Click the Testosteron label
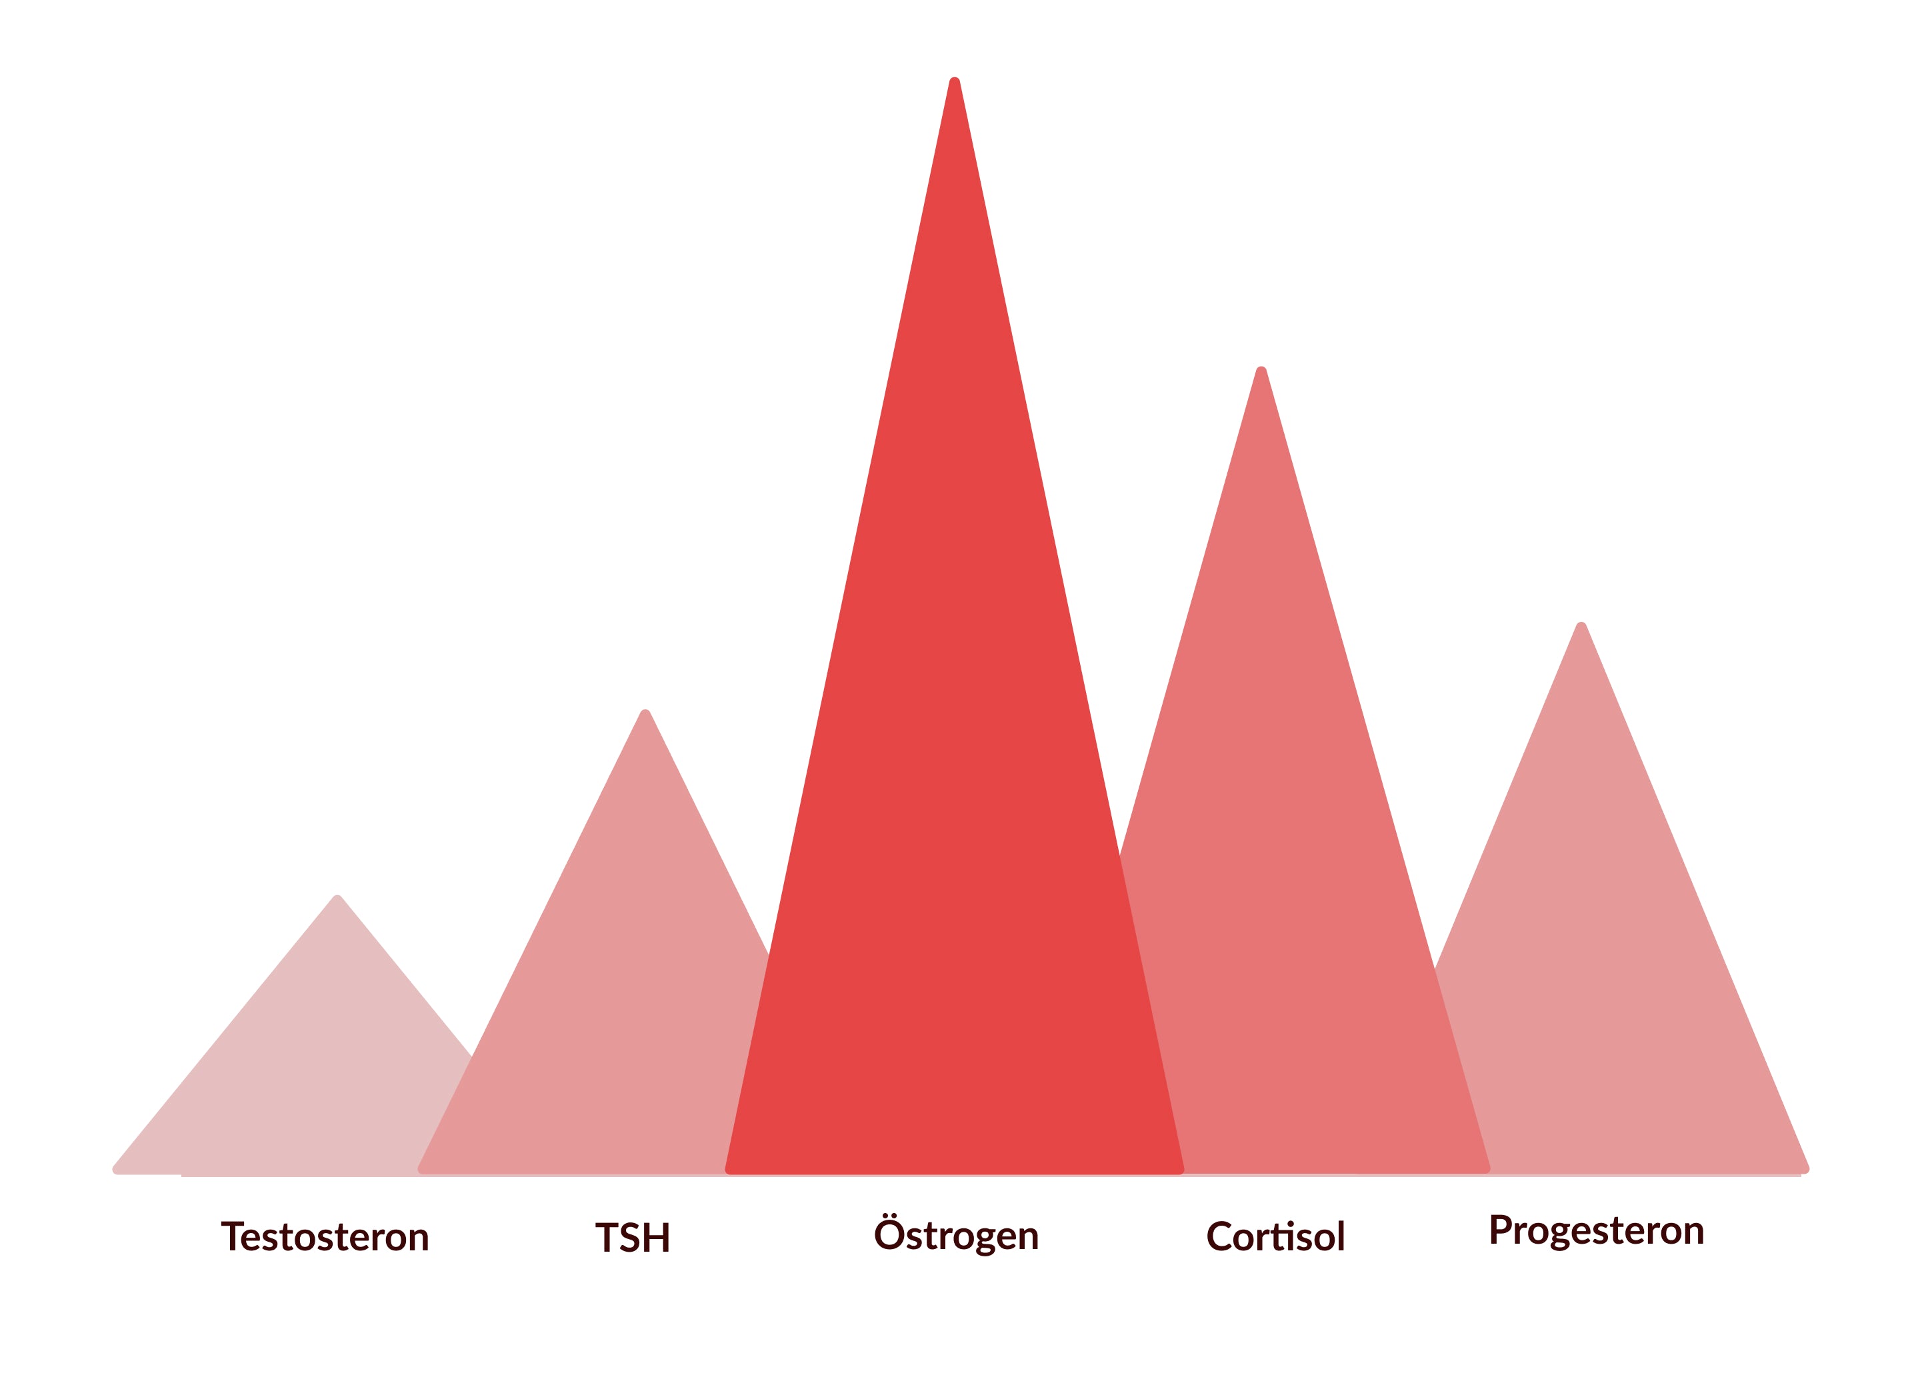click(x=325, y=1237)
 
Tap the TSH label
click(x=633, y=1238)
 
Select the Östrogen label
click(x=955, y=1235)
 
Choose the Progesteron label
click(x=1596, y=1230)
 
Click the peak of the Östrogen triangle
click(x=955, y=81)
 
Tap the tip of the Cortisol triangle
click(x=1261, y=371)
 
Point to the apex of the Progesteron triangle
click(x=1581, y=627)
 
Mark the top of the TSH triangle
click(x=645, y=714)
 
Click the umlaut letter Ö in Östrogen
click(x=889, y=1234)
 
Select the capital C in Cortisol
click(x=1219, y=1237)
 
